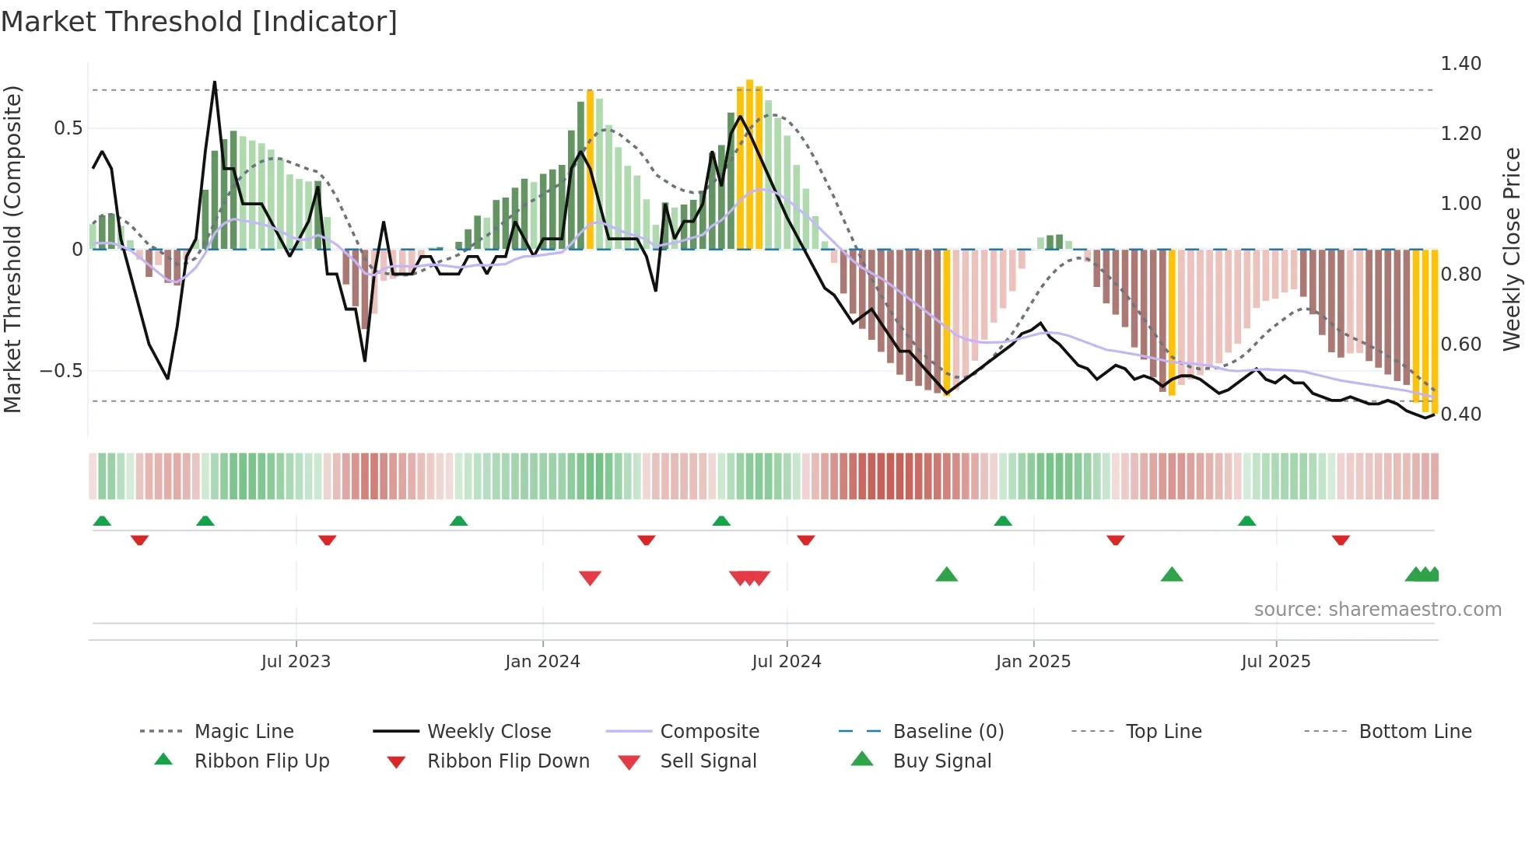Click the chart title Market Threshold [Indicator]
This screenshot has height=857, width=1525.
[199, 22]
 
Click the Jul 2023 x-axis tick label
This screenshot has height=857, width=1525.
[296, 662]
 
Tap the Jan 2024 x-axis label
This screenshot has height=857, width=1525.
[542, 662]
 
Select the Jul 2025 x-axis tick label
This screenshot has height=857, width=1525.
[1275, 662]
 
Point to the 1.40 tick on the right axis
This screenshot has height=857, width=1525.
[1460, 64]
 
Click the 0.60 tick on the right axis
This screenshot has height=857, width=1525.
[1460, 344]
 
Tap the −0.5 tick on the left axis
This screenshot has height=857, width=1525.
[61, 371]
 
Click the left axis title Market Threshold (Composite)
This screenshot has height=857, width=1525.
[12, 249]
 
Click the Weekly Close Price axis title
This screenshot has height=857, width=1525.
[1511, 249]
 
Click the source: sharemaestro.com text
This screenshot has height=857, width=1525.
[1377, 610]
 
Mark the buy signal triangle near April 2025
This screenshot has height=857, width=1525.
[1171, 575]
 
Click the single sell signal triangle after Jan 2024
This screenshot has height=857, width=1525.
[590, 578]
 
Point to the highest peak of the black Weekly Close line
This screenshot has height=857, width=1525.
[215, 82]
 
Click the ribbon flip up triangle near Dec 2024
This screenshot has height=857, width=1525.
[1002, 521]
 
